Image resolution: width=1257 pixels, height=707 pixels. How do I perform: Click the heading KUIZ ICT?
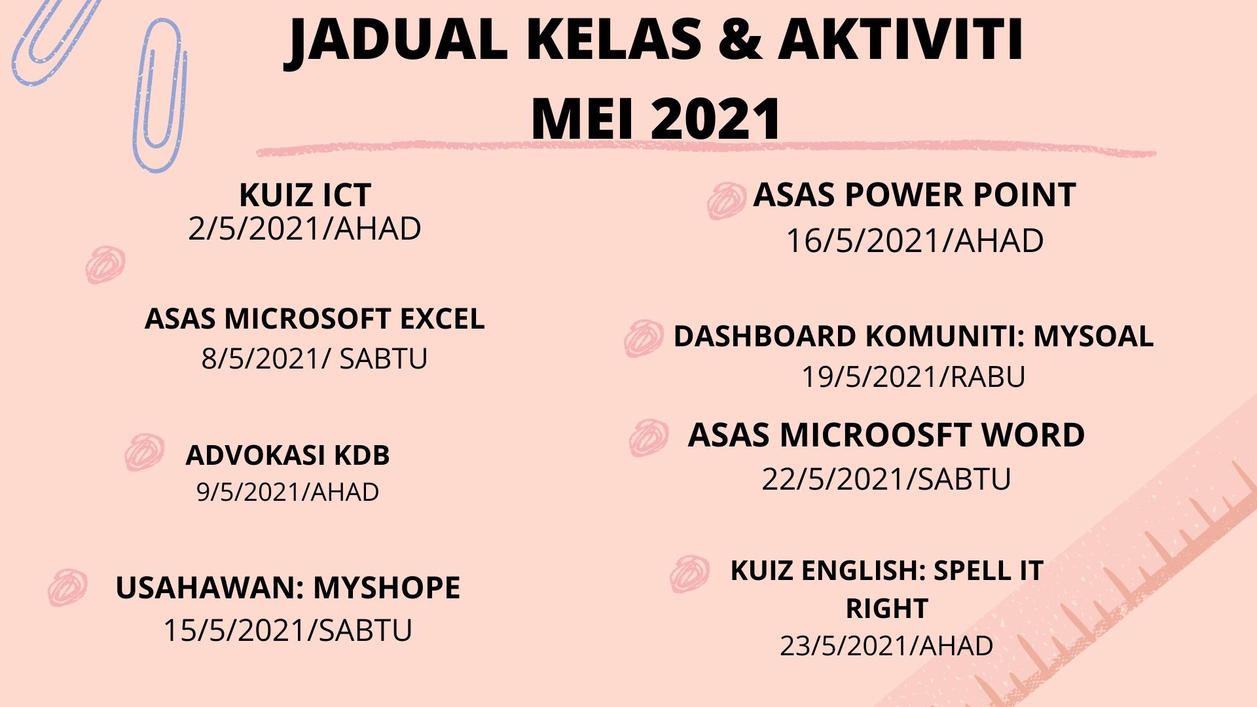coord(305,194)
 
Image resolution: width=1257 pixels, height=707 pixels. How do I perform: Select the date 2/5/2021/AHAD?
coord(304,228)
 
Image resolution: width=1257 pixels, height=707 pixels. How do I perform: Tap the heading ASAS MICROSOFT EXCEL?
coord(314,319)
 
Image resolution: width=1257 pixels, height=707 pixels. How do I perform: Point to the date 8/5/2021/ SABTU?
coord(314,358)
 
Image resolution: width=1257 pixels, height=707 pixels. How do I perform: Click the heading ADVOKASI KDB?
coord(288,455)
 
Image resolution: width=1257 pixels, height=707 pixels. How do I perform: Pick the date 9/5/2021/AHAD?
coord(288,492)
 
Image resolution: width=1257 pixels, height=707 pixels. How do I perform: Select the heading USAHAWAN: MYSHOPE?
coord(288,587)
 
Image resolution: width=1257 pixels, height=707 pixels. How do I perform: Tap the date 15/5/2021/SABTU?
coord(288,630)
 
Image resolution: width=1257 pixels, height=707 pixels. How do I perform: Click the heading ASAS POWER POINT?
coord(915,194)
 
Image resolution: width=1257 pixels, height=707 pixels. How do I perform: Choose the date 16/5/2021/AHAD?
coord(915,240)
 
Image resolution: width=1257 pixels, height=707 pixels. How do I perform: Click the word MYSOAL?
coord(1093,336)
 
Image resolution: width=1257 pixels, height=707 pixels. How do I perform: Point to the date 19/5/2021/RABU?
coord(913,376)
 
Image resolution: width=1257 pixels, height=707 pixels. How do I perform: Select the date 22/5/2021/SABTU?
coord(886,479)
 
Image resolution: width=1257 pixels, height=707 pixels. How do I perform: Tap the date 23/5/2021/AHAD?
coord(886,645)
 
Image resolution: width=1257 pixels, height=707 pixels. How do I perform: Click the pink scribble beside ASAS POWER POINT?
coord(727,200)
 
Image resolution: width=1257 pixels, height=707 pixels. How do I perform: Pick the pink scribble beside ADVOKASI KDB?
coord(144,452)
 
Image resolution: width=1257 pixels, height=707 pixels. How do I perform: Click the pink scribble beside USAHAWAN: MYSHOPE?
coord(67,587)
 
